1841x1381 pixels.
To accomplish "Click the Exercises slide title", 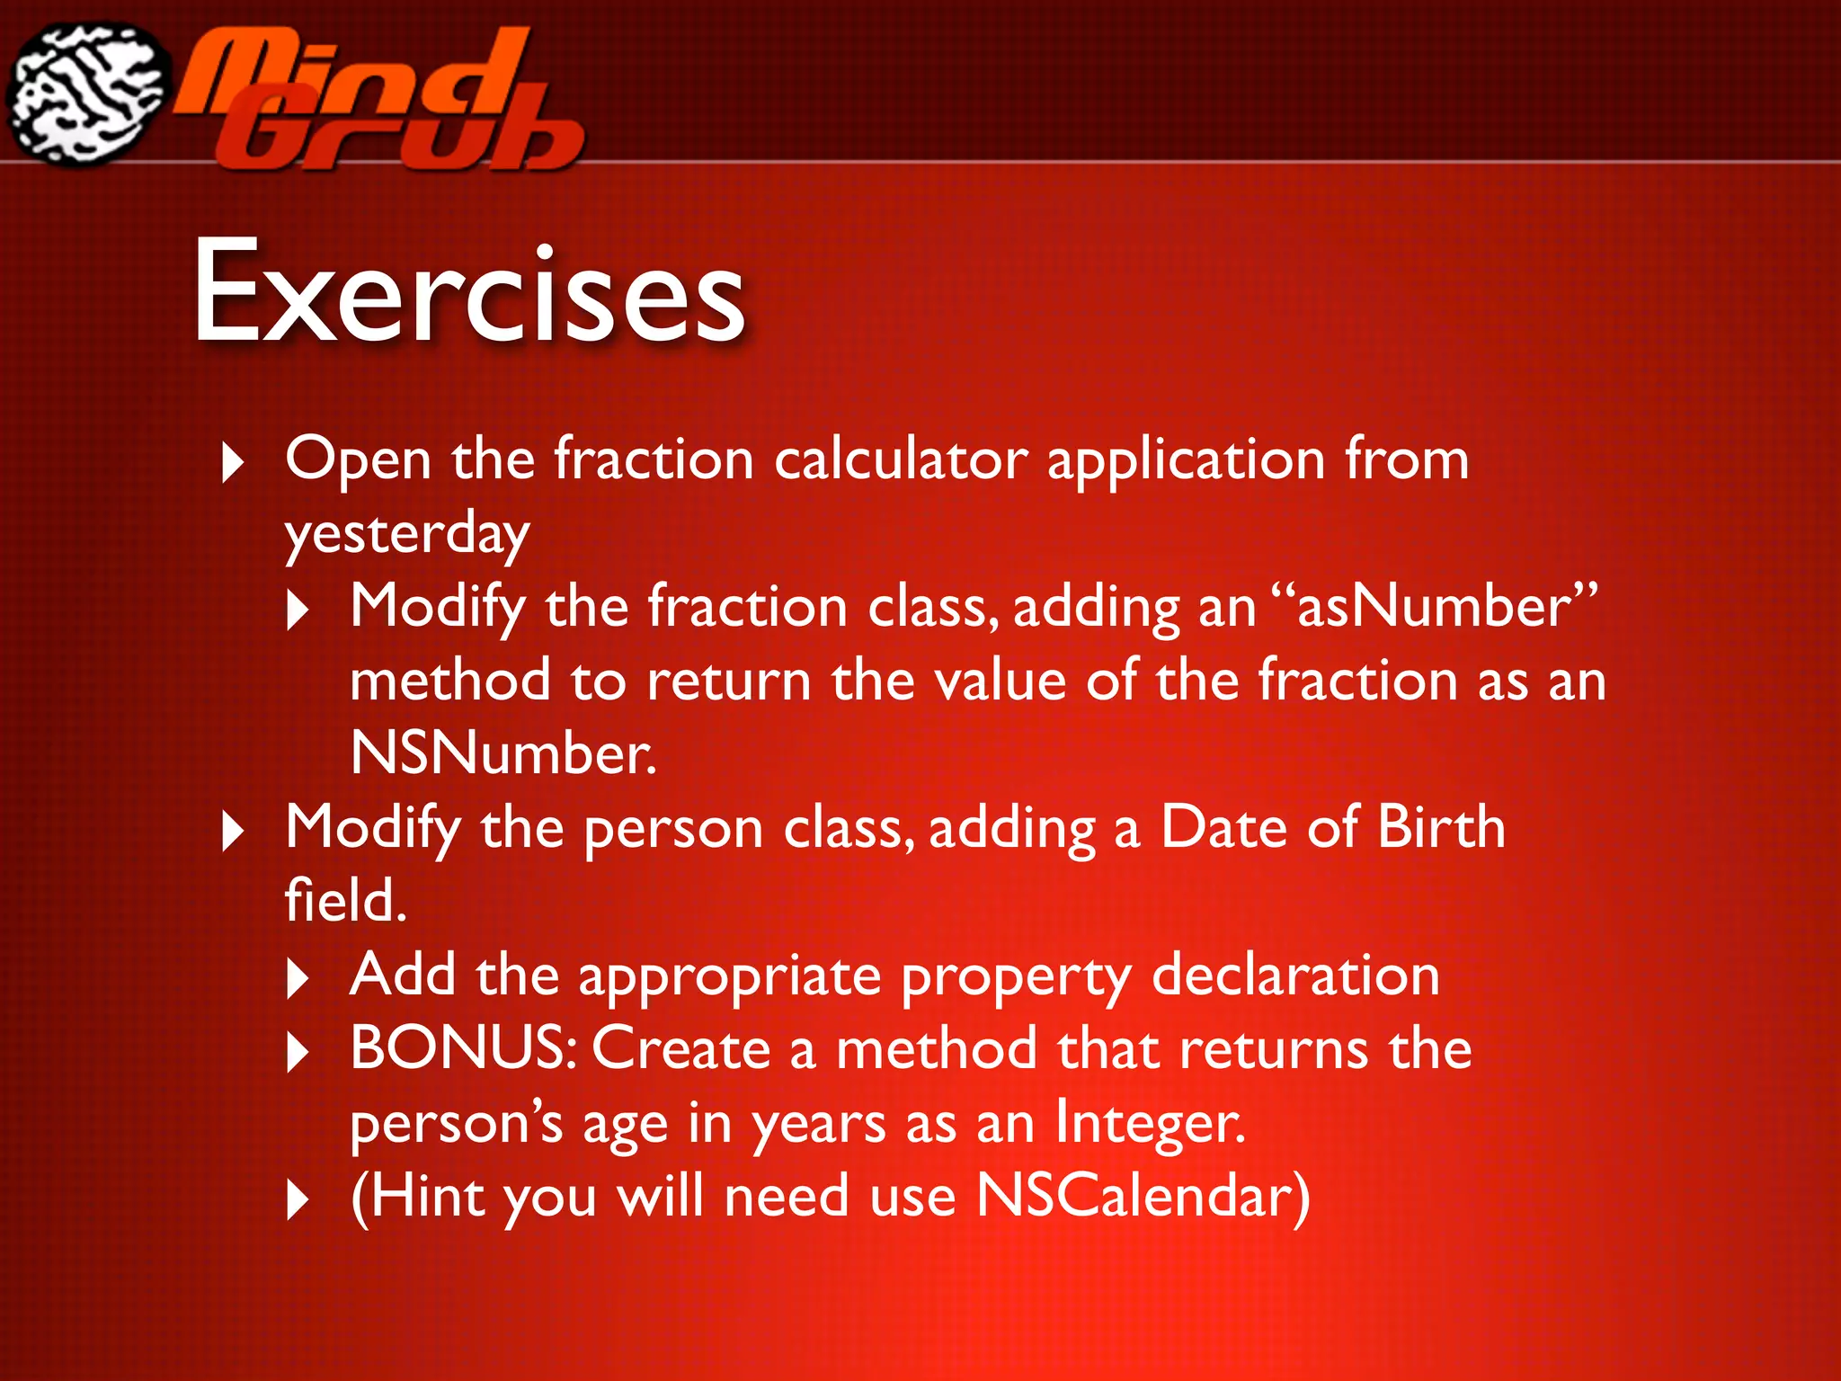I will pos(469,292).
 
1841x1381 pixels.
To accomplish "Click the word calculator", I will pos(900,460).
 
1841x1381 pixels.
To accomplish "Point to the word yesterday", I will pos(406,536).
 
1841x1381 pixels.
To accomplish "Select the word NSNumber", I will pos(502,753).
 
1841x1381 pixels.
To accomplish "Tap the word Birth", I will pos(1440,827).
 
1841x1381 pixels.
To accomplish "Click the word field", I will pos(345,901).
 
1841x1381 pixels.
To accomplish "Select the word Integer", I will pos(1151,1124).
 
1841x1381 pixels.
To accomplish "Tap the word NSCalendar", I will pos(1143,1197).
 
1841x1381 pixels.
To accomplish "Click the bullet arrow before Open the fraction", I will pos(232,463).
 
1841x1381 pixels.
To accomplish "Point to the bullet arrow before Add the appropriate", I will pos(298,978).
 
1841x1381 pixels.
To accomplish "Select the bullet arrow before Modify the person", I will pos(232,831).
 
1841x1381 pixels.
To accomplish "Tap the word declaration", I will pos(1295,976).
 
